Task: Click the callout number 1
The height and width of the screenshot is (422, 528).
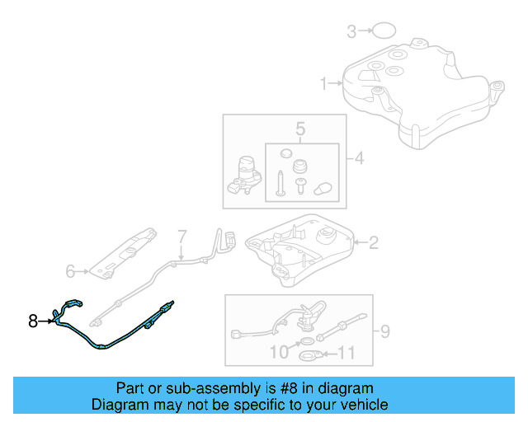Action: pyautogui.click(x=324, y=82)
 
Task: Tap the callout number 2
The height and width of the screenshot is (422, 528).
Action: pyautogui.click(x=373, y=242)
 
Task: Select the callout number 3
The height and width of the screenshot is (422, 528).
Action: pyautogui.click(x=351, y=32)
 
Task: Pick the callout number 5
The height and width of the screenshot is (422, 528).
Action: pyautogui.click(x=300, y=129)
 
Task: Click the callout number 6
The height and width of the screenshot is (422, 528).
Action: pyautogui.click(x=71, y=270)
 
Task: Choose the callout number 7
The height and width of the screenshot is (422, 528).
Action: pyautogui.click(x=182, y=237)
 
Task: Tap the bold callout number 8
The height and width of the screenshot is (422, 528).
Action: pyautogui.click(x=33, y=321)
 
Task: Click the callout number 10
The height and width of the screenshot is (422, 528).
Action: pyautogui.click(x=280, y=352)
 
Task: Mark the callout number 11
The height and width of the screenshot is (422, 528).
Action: pyautogui.click(x=347, y=355)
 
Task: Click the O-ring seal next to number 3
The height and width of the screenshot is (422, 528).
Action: pyautogui.click(x=382, y=32)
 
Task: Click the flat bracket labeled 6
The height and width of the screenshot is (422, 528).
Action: pyautogui.click(x=124, y=251)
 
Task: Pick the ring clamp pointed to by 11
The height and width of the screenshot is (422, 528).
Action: pyautogui.click(x=309, y=356)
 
